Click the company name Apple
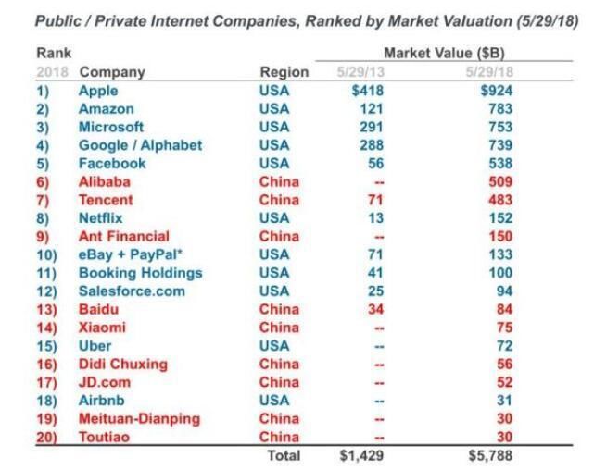[x=99, y=91]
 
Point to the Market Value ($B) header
[x=443, y=54]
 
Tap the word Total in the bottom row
[x=284, y=455]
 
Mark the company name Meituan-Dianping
[x=139, y=418]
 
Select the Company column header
[x=112, y=72]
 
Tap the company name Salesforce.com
[x=132, y=291]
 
